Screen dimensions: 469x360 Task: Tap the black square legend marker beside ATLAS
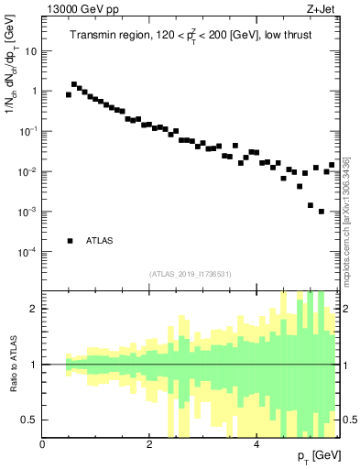[x=70, y=241]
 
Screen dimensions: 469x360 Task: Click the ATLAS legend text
[x=100, y=241]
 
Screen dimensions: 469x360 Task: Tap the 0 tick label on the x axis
[x=42, y=445]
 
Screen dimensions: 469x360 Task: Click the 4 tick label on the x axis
[x=256, y=445]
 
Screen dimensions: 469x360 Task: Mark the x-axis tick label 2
[x=149, y=445]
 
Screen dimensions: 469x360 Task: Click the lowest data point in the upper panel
[x=322, y=212]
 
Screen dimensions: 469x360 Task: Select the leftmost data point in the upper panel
[x=69, y=94]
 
